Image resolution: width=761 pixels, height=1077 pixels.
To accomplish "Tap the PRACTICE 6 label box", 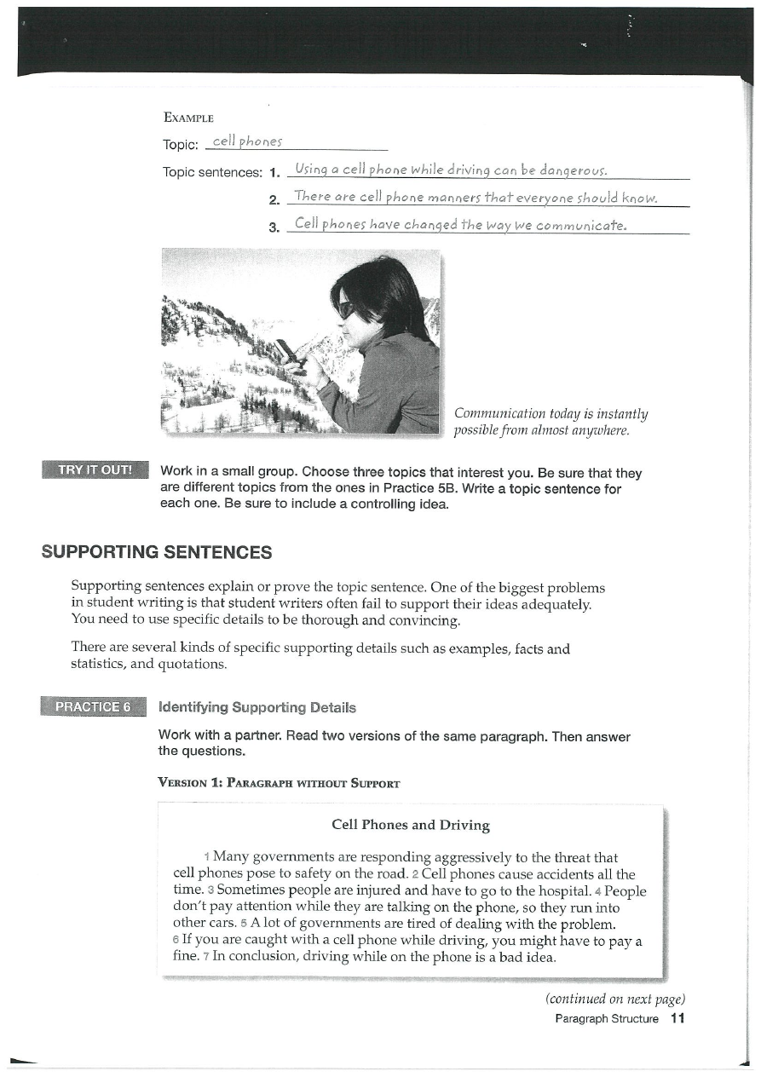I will coord(94,707).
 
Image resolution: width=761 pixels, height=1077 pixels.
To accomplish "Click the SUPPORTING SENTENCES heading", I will coord(157,552).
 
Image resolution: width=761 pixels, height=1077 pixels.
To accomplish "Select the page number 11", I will coord(677,1018).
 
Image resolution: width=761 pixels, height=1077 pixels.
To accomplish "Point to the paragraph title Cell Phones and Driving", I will coord(410,825).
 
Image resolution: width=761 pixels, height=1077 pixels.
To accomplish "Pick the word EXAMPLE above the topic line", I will coord(187,118).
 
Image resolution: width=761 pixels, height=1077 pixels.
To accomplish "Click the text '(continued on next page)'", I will coord(615,999).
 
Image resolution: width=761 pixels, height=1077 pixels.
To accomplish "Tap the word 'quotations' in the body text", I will coord(193,665).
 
